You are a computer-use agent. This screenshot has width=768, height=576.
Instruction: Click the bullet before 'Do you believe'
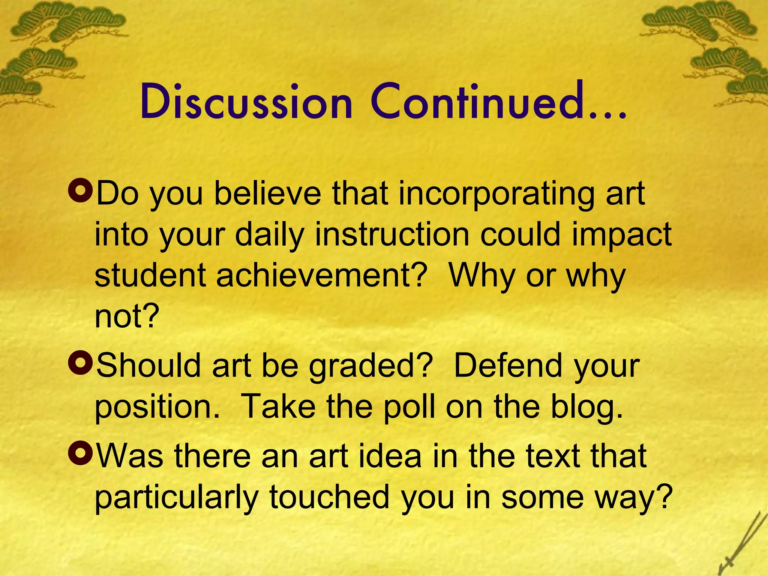[80, 191]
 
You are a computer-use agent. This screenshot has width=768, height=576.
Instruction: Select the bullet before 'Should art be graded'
[80, 363]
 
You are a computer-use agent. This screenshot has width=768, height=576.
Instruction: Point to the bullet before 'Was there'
[80, 453]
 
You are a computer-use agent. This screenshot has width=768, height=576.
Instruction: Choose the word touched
[330, 497]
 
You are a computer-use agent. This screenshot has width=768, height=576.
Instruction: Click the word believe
[268, 194]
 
